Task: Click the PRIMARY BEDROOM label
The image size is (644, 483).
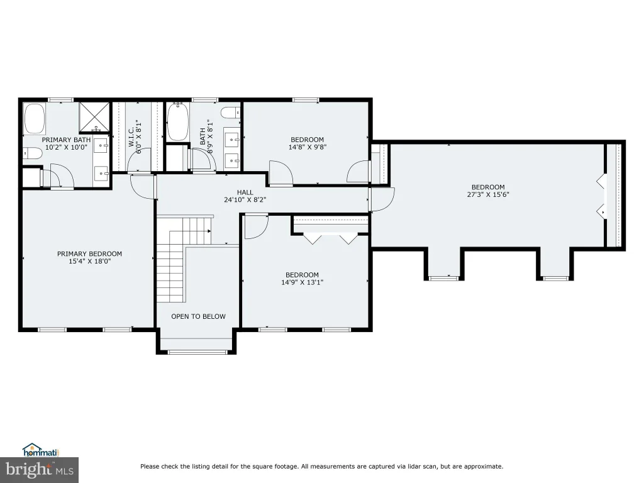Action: pos(89,254)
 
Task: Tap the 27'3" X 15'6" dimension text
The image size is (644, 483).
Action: pos(488,195)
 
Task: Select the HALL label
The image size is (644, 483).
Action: pos(245,192)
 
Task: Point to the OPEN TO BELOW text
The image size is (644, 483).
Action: pos(198,316)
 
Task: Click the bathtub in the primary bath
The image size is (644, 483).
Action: pos(35,119)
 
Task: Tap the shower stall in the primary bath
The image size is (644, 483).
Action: pos(94,117)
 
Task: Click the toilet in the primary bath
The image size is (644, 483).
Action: pos(33,153)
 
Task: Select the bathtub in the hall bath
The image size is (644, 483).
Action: pos(178,122)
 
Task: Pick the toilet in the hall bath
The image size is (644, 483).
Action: pos(231,112)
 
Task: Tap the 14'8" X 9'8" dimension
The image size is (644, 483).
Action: pos(307,147)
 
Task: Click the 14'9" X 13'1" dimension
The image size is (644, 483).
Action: pos(303,282)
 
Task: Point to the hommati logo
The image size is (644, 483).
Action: pos(41,450)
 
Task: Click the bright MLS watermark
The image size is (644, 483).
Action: pos(40,470)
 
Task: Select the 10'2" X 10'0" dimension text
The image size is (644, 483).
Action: pos(66,147)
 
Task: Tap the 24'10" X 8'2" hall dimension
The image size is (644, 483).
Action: pos(245,200)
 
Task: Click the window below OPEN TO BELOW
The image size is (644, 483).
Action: pos(197,352)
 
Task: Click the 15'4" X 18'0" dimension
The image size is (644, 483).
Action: pos(90,261)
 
